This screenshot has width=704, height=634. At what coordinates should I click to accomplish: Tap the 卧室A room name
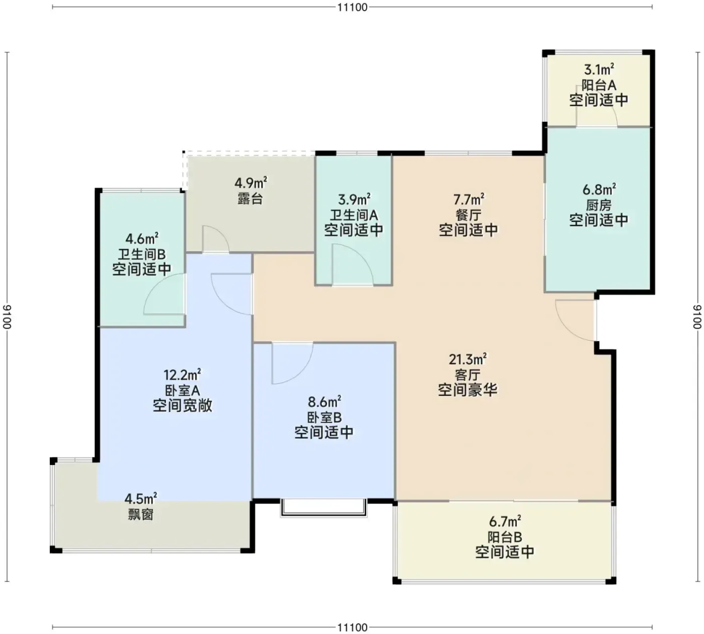(182, 390)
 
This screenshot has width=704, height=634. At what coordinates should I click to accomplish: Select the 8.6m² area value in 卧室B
(324, 402)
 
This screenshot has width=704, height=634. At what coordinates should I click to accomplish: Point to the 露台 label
(250, 199)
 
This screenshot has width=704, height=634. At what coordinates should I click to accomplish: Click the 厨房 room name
(599, 205)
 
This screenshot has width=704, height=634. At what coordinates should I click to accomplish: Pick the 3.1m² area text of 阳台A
(599, 69)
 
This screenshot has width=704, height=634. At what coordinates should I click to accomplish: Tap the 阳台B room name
(505, 537)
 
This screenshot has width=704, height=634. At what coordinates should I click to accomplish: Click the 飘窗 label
(140, 515)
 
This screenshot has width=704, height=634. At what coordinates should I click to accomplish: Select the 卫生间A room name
(354, 215)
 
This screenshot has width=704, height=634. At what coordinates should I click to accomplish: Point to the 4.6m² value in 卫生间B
(142, 239)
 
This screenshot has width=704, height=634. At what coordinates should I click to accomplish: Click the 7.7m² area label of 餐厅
(469, 199)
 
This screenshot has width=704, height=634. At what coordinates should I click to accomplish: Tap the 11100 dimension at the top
(353, 7)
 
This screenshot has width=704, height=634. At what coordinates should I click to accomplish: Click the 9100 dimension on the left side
(7, 317)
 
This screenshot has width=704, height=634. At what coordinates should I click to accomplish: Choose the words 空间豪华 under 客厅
(468, 389)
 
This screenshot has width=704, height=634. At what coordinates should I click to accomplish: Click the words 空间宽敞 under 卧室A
(182, 406)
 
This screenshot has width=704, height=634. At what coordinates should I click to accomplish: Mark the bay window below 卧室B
(323, 508)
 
